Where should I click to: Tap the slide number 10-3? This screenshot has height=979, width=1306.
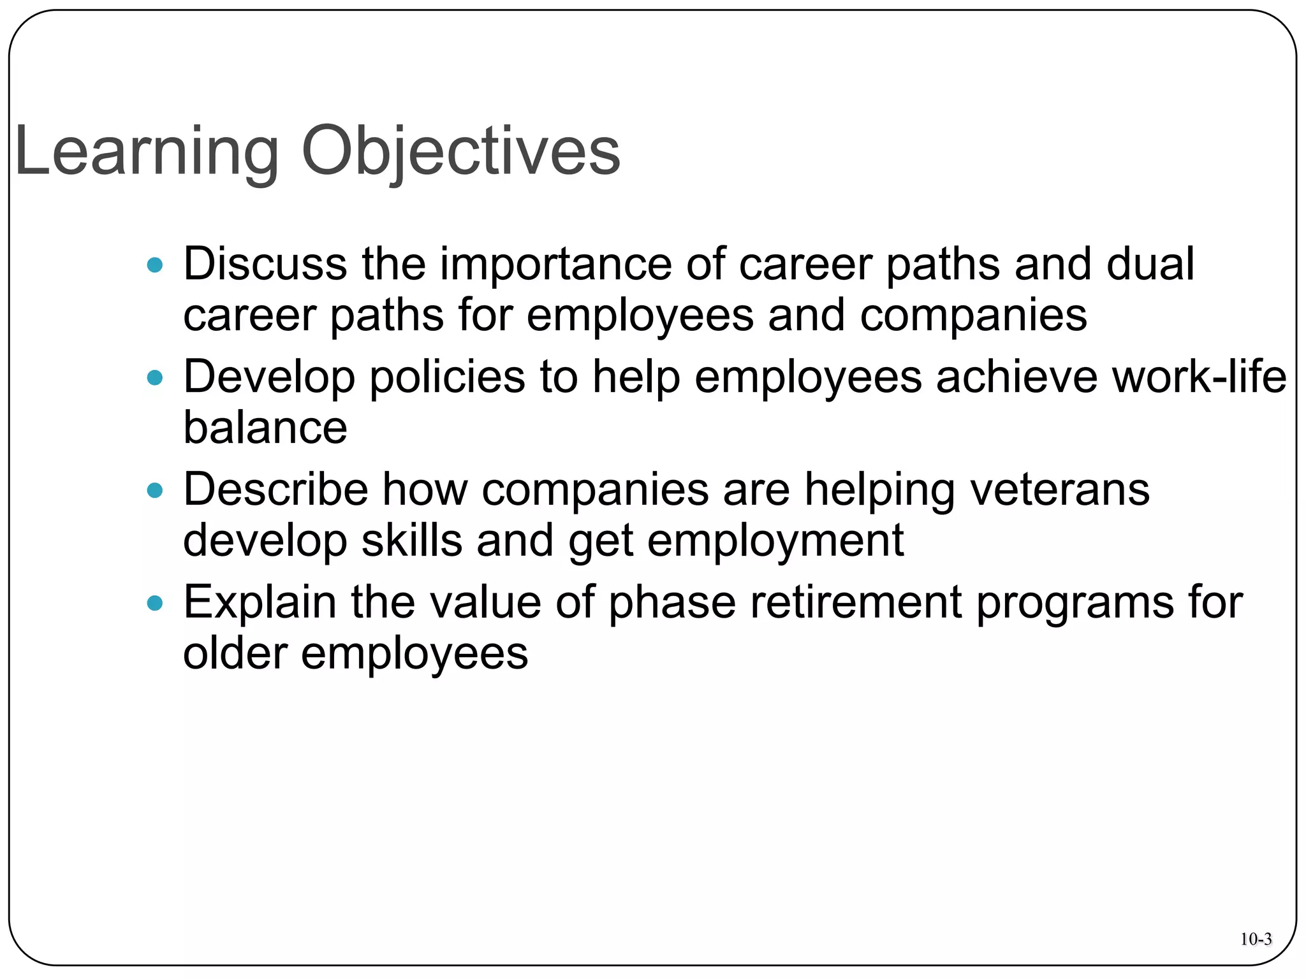tap(1256, 939)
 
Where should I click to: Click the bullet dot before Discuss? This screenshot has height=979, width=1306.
tap(155, 265)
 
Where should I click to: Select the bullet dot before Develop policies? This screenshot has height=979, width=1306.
tap(155, 378)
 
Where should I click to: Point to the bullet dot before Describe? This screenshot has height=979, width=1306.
tap(155, 491)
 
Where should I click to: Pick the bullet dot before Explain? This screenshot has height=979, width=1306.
tap(155, 603)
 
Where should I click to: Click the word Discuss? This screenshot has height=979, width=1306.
tap(265, 264)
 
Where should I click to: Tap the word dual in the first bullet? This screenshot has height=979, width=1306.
tap(1150, 264)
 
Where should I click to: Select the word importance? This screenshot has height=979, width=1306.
tap(555, 264)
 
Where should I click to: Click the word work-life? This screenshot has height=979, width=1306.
tap(1199, 377)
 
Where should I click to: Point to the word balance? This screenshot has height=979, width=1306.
tap(265, 428)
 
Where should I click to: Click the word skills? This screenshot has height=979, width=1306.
tap(411, 540)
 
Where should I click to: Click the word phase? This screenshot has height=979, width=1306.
tap(672, 604)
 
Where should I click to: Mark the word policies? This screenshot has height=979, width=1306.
tap(447, 378)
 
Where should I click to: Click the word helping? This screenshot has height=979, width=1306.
tap(879, 491)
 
